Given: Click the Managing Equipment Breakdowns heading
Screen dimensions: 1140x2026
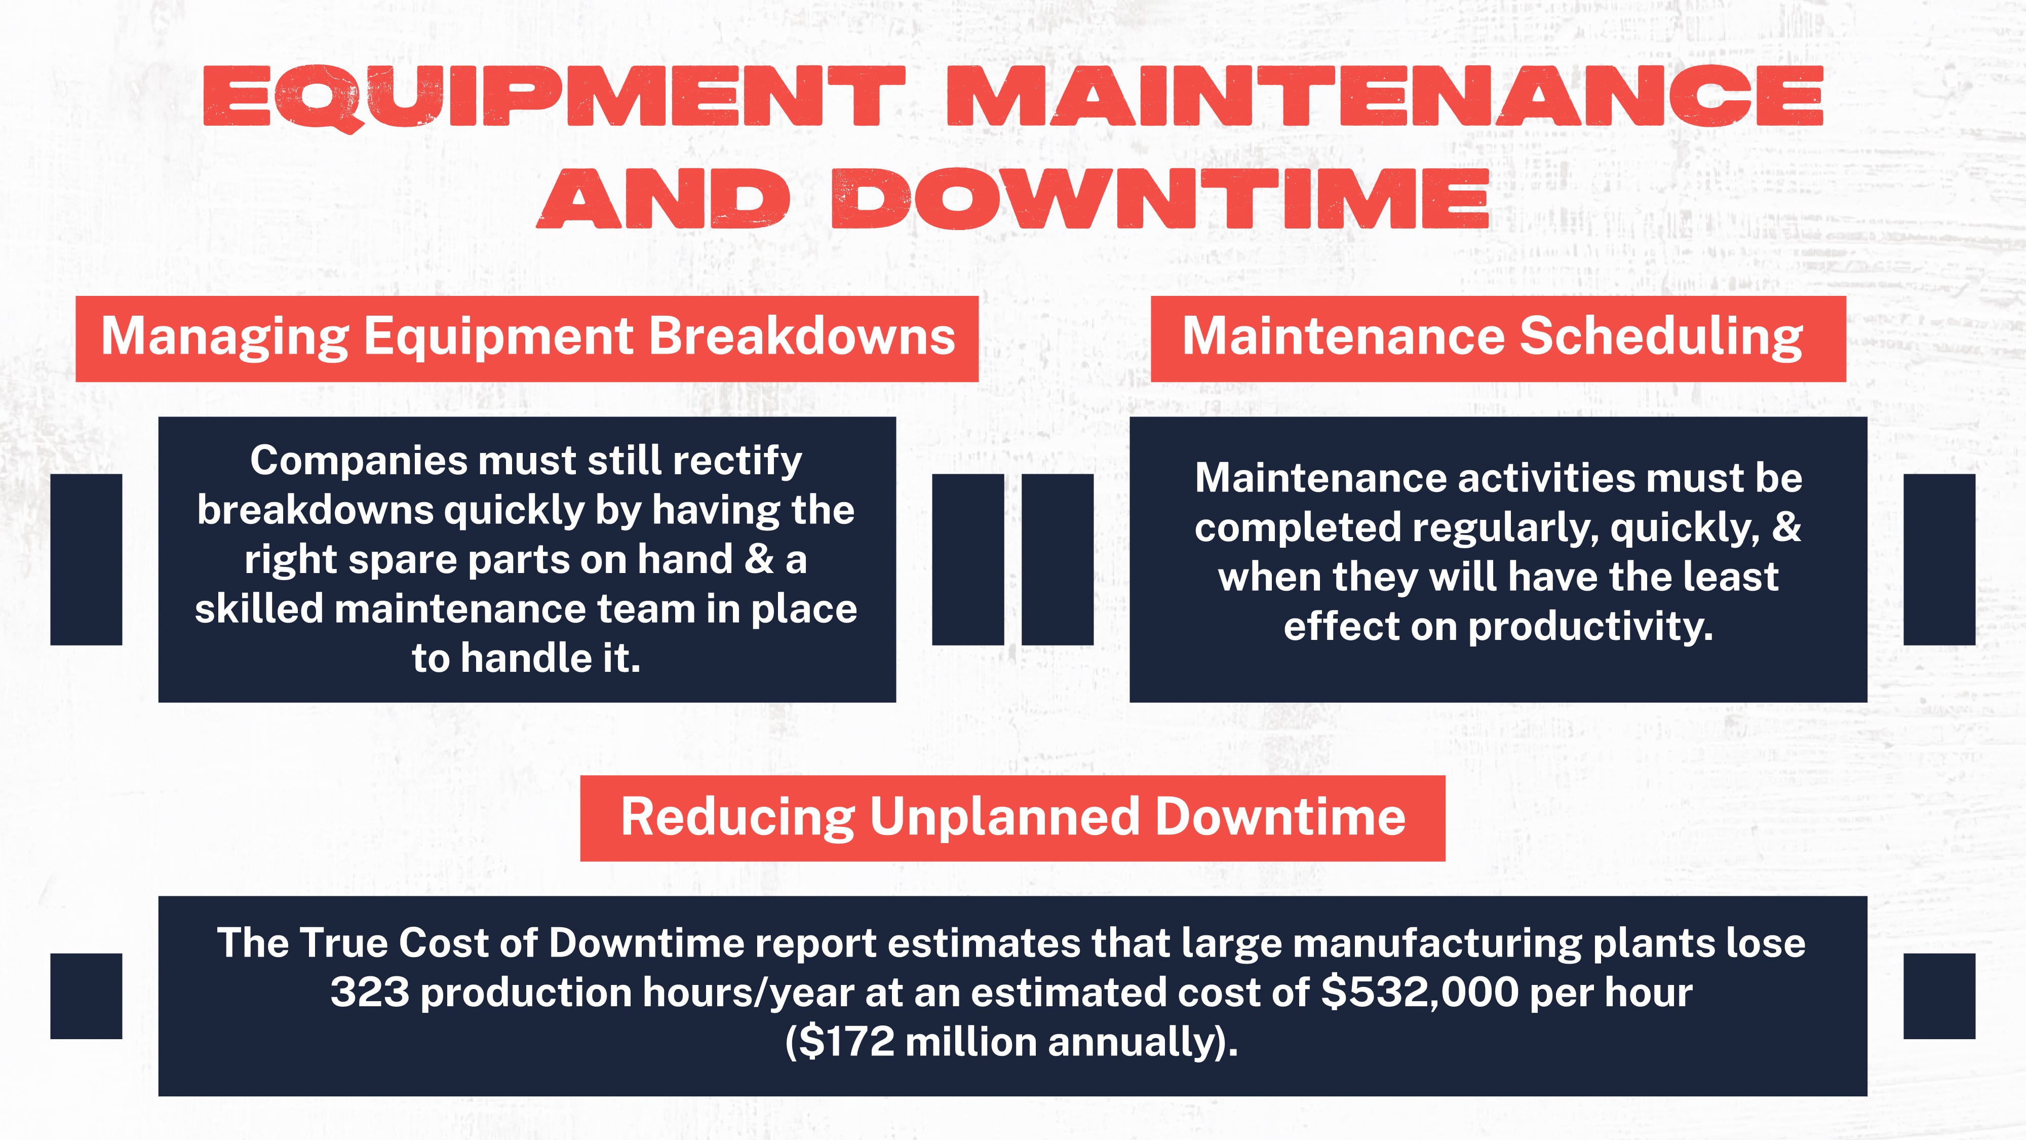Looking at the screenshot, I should click(x=527, y=337).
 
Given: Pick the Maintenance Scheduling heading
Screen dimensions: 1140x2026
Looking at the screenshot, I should click(x=1492, y=337).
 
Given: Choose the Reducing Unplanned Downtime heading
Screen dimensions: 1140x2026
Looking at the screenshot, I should click(x=1012, y=817).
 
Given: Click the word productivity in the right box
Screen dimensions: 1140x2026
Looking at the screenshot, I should click(x=1590, y=628).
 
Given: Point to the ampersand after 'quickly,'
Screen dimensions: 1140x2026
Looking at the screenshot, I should click(x=1786, y=527).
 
